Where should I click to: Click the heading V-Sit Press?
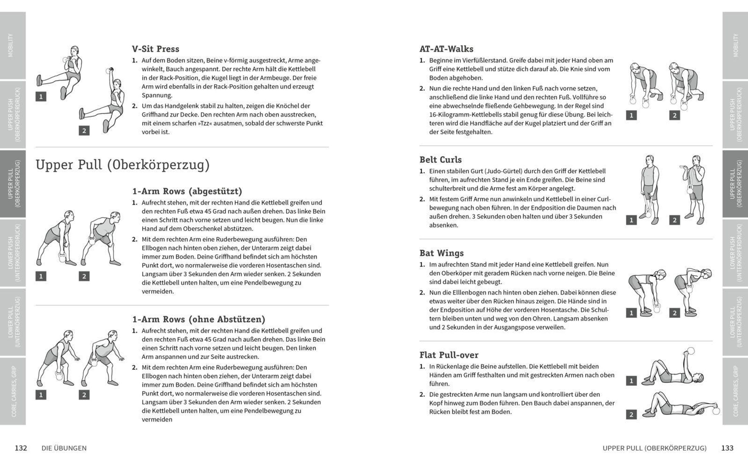155,49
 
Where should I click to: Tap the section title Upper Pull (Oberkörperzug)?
122,165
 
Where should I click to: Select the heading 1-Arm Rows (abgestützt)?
187,191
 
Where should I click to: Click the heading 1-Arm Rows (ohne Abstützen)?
199,319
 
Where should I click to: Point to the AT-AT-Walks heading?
446,49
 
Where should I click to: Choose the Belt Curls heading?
440,160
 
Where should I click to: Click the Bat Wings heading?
441,253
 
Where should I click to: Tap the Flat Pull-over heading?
449,355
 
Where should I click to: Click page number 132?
21,448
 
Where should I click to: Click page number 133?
727,448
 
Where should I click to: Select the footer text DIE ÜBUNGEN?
64,448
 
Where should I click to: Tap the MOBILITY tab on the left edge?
12,45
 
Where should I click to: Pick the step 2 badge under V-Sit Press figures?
84,131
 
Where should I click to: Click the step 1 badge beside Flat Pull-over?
631,381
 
